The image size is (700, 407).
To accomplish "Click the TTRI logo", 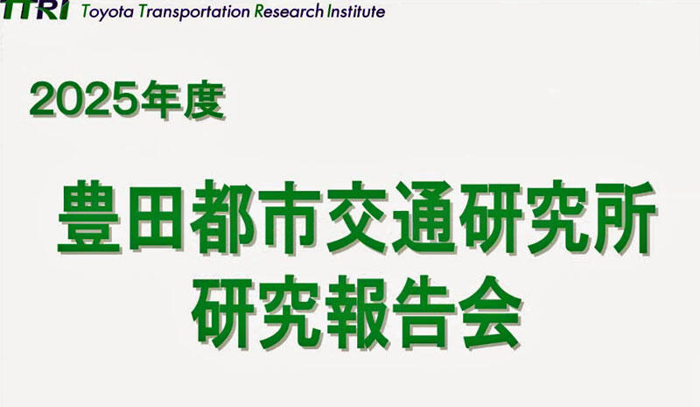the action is (x=35, y=10).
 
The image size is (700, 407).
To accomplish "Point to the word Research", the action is (x=290, y=11).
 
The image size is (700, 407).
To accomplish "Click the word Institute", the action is (x=356, y=11).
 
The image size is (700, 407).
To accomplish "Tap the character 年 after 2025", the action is (x=160, y=101).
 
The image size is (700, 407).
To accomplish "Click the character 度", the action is (x=204, y=101).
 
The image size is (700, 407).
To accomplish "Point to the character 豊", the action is (x=89, y=218).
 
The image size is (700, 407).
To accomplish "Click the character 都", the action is (x=222, y=218).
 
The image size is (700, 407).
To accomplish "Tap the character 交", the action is (x=356, y=218).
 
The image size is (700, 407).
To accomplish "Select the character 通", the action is (x=423, y=218).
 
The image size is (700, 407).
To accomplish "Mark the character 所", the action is (x=624, y=218).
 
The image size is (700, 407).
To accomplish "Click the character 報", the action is (x=358, y=312).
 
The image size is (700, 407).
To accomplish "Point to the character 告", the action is (x=424, y=312).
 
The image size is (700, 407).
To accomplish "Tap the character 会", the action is (x=490, y=312).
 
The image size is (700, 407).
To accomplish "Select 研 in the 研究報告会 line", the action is (x=223, y=312).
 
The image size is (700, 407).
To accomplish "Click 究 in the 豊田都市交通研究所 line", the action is (x=557, y=218).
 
